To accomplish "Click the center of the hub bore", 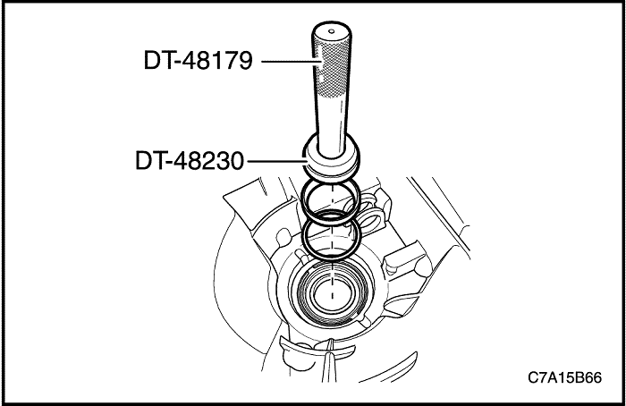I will tap(332, 292).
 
